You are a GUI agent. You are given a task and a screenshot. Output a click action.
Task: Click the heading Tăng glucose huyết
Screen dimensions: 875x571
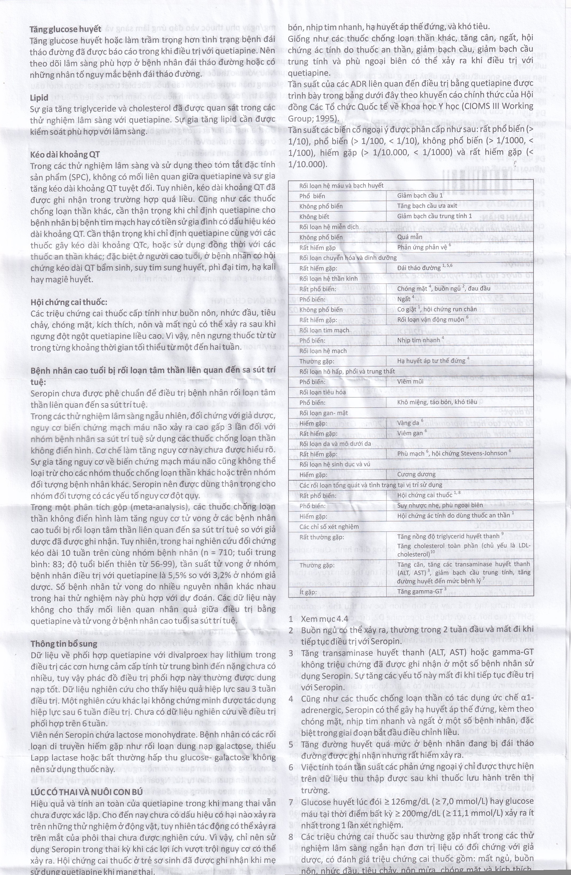65,29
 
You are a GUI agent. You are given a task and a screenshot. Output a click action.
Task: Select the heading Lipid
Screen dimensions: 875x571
39,97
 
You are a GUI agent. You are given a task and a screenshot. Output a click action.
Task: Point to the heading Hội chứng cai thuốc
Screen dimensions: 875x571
69,302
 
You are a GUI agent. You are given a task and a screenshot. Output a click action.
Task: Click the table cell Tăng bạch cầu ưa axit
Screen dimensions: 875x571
427,206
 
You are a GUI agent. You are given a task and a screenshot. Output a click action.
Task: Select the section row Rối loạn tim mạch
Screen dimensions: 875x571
324,330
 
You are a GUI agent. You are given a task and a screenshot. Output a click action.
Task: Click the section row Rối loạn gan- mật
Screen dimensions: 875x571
323,413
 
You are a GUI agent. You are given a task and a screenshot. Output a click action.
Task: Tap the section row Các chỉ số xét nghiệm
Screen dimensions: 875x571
329,527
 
